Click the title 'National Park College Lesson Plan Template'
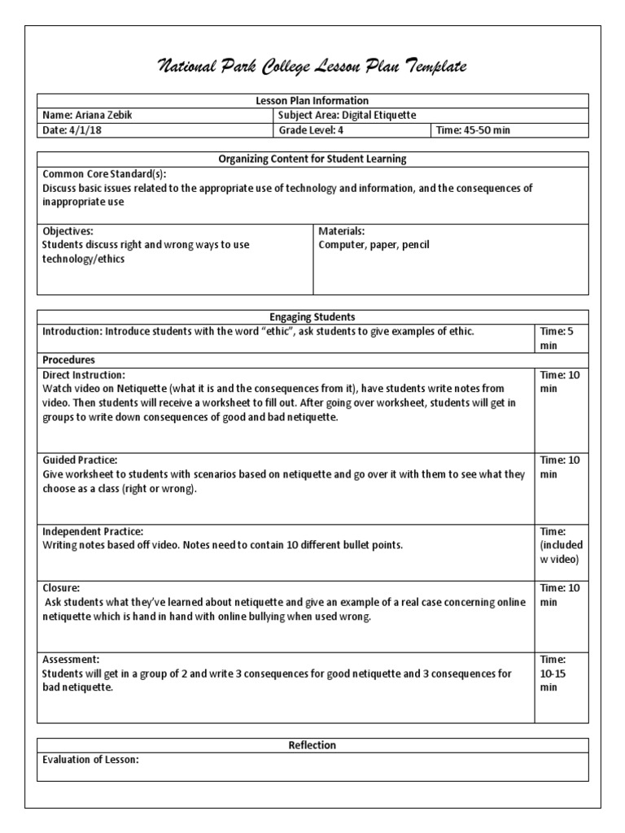[312, 67]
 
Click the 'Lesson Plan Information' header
[312, 101]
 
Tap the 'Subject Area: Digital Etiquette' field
[347, 116]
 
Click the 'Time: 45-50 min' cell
[474, 130]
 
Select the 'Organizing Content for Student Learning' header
[312, 159]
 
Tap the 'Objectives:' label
[68, 231]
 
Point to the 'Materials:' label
[342, 231]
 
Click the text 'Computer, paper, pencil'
[374, 244]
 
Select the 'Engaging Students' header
[312, 316]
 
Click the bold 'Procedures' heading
[69, 360]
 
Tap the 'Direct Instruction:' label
[84, 375]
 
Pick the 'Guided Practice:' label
[81, 460]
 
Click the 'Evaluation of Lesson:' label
[91, 760]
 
